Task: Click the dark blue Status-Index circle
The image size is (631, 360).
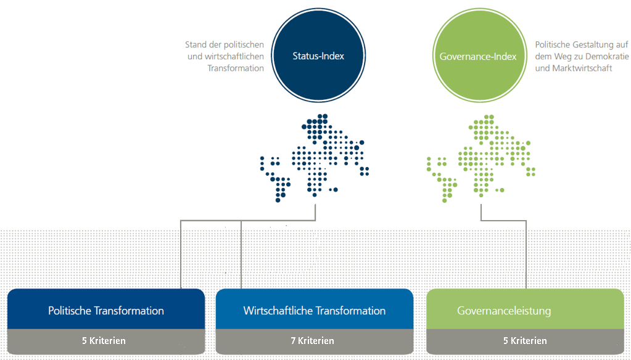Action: click(x=318, y=56)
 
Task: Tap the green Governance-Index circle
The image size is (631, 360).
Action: click(x=477, y=56)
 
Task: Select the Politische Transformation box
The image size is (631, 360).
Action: click(x=106, y=310)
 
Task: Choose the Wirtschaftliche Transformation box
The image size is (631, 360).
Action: click(x=314, y=310)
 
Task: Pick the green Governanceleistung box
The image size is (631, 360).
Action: click(x=525, y=310)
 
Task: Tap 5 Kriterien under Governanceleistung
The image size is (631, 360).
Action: click(x=525, y=341)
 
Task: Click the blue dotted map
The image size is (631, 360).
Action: click(x=315, y=157)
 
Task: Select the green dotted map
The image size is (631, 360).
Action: click(x=478, y=157)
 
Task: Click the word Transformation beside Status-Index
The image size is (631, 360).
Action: click(x=236, y=68)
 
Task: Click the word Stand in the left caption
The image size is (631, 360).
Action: click(x=196, y=45)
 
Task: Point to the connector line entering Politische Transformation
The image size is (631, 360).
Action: click(x=180, y=259)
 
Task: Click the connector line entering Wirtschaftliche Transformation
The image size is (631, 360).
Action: click(x=241, y=259)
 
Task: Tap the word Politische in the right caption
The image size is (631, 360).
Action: click(x=553, y=45)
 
